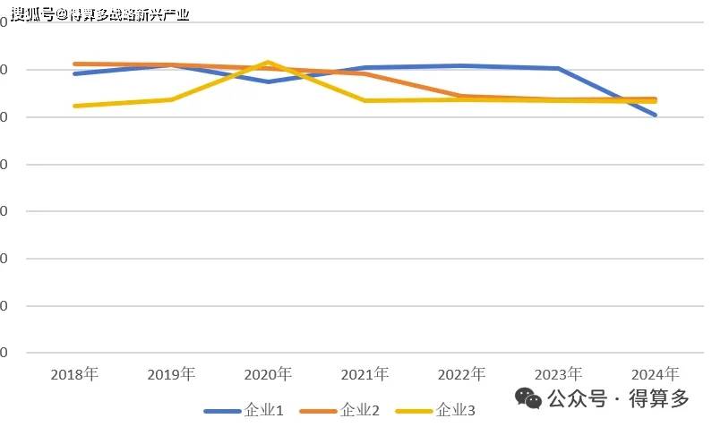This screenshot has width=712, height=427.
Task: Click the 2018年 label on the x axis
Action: tap(74, 374)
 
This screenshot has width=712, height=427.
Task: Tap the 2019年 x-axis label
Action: tap(171, 374)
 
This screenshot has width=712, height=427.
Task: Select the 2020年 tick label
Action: tap(268, 374)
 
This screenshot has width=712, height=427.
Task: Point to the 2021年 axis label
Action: tap(365, 374)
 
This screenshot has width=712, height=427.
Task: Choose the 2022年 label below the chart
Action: tap(461, 374)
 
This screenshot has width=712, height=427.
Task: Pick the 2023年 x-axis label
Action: tap(558, 374)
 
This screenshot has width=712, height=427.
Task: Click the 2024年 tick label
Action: tap(655, 374)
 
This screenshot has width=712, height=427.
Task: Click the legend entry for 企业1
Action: tap(244, 411)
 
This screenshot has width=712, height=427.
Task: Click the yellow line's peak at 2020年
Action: tap(268, 62)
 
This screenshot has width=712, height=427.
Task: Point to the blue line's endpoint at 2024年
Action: tap(655, 115)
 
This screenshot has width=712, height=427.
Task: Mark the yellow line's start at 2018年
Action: tap(75, 106)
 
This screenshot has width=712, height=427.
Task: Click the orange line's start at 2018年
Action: tap(75, 64)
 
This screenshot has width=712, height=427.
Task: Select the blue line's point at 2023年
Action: tap(558, 68)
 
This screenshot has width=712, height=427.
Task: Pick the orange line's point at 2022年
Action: tap(461, 96)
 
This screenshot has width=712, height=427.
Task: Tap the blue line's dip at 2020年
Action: tap(268, 81)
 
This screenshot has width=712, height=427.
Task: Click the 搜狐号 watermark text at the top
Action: tap(32, 14)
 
